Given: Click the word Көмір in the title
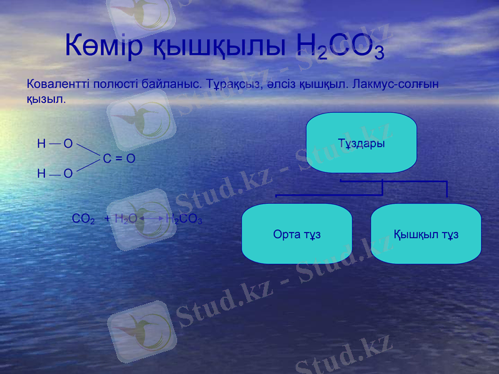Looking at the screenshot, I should click(104, 46).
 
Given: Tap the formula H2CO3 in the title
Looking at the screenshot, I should click(340, 46).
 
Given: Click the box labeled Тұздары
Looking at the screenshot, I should click(361, 143).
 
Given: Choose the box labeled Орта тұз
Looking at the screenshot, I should click(296, 233).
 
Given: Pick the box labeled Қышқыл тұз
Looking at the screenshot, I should click(426, 233).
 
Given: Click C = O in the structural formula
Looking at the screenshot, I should click(119, 158).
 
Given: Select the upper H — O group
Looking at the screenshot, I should click(55, 144).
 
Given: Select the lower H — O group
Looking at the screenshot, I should click(55, 173).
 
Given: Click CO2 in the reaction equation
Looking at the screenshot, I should click(83, 219).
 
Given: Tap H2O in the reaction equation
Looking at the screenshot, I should click(126, 219).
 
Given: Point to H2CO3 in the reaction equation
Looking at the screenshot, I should click(184, 219).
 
